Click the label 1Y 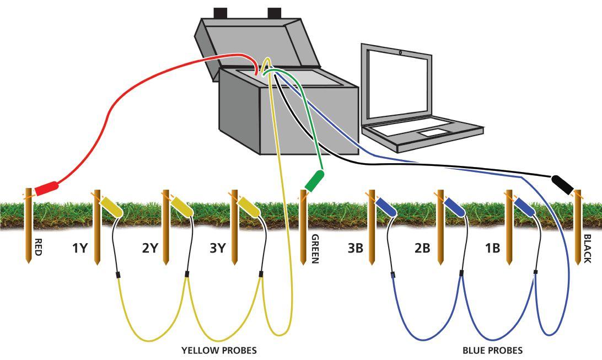pos(80,248)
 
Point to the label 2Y pos(150,248)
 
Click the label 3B pos(356,248)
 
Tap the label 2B pos(422,248)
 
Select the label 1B pos(492,248)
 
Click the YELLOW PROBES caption pos(219,350)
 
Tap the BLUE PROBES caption pos(492,350)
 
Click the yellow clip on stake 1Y pos(112,207)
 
